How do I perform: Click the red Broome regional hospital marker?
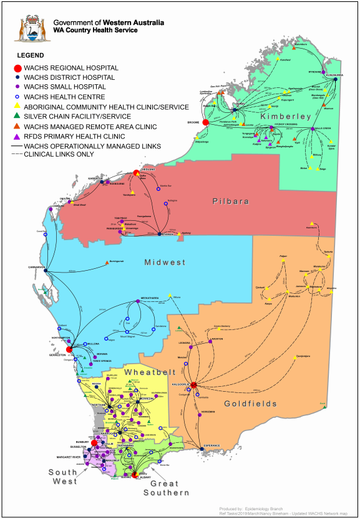point(206,122)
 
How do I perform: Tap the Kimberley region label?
point(286,117)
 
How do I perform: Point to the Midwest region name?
point(165,262)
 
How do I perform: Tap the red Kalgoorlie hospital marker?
point(194,385)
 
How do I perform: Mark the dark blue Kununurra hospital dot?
point(335,79)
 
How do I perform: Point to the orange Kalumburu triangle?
point(296,46)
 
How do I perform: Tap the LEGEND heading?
point(30,56)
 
